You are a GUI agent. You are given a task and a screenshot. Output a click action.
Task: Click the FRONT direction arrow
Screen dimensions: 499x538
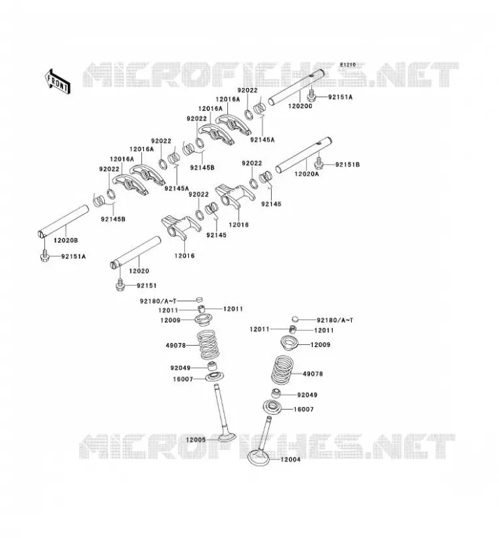coord(57,81)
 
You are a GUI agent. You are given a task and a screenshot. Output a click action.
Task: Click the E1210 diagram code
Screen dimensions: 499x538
coord(348,65)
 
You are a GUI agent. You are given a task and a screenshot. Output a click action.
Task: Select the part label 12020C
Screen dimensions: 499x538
coord(301,106)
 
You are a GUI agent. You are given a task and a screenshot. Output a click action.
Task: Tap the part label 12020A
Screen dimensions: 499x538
coord(307,174)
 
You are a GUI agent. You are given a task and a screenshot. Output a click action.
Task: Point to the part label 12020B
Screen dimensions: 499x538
coord(65,240)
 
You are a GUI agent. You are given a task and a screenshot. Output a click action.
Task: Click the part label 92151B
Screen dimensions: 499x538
coord(348,165)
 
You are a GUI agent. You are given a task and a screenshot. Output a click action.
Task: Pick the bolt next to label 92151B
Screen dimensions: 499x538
coord(318,163)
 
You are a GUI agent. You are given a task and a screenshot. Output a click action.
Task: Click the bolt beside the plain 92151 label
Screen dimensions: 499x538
coord(120,285)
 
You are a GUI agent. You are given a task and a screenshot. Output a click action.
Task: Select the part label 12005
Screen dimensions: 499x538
coord(196,440)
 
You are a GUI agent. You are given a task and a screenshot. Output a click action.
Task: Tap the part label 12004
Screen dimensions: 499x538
coord(291,459)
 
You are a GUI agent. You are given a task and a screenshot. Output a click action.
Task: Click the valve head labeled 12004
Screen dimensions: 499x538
coord(259,458)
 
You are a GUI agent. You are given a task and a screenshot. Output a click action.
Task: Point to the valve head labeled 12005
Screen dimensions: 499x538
coord(227,438)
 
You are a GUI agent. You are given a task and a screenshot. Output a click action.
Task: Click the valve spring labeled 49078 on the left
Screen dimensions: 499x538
coord(208,345)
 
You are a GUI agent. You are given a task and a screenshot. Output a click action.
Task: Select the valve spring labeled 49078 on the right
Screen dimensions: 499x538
coord(282,370)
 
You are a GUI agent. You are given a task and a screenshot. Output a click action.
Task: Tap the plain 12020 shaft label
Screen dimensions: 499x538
coord(139,271)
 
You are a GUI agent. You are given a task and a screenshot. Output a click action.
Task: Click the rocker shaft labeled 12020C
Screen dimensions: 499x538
coord(297,87)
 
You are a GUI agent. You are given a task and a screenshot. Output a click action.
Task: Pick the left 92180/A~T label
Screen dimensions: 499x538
coord(158,301)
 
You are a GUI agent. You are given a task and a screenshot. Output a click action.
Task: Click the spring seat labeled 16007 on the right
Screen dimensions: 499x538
coord(274,408)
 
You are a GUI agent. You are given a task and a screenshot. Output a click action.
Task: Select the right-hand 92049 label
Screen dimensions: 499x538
coord(307,395)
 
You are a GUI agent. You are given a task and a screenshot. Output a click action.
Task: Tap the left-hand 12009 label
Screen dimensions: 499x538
coord(170,320)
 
